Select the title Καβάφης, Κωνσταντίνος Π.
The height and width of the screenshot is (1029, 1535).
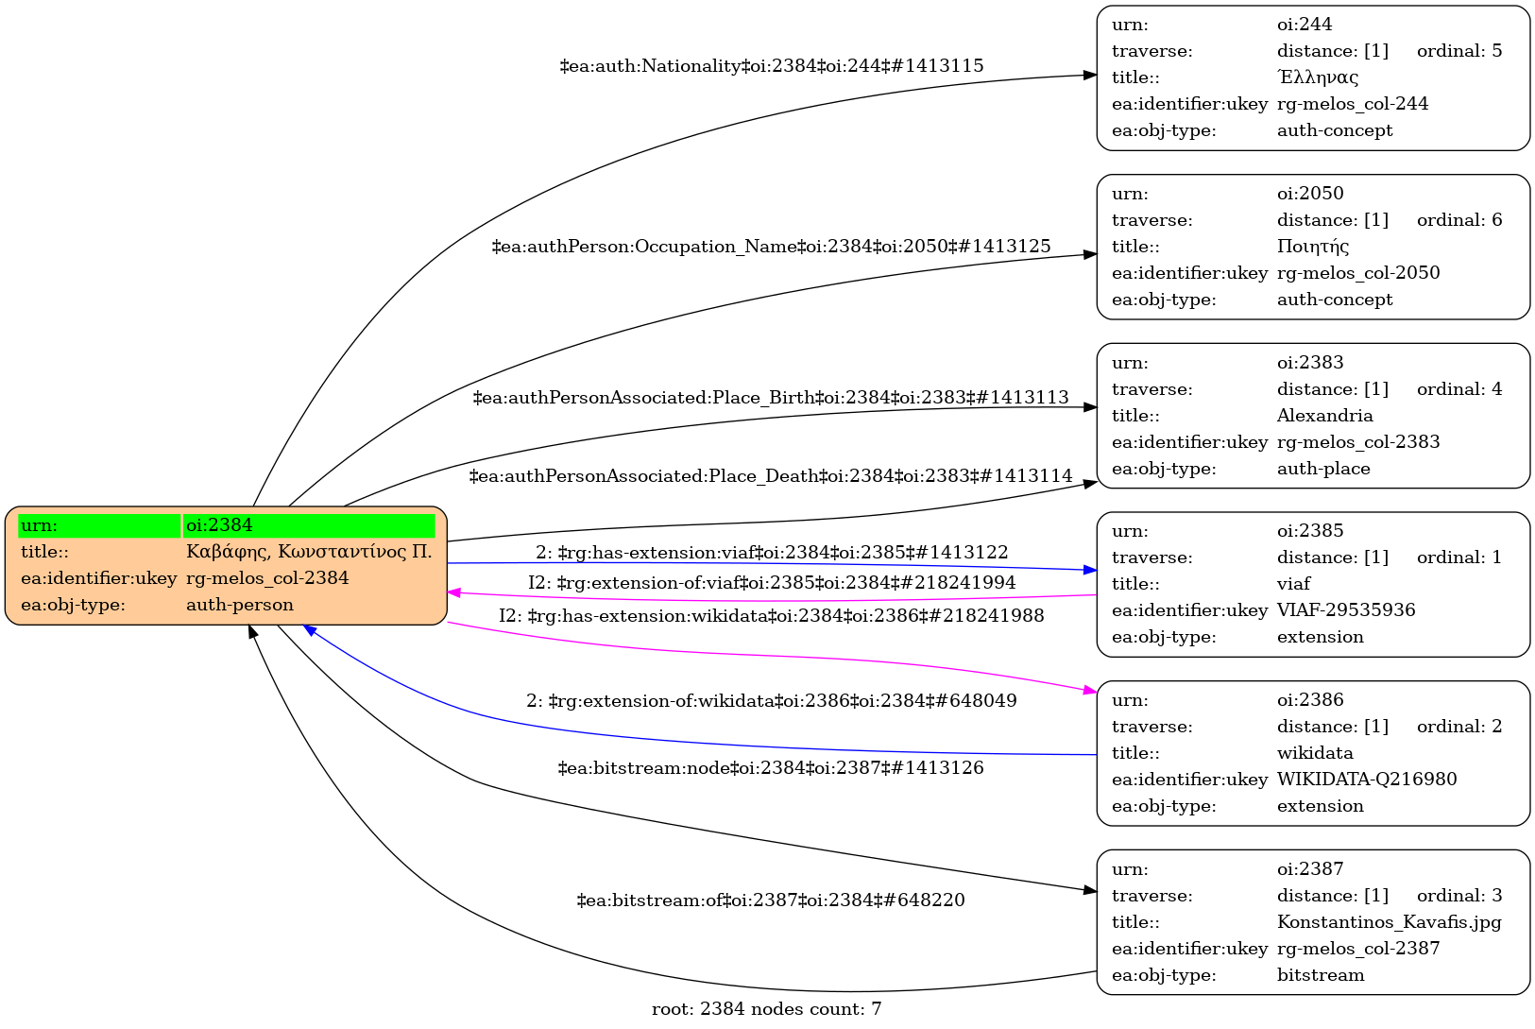tap(309, 552)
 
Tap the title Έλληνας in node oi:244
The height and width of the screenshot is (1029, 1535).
tap(1318, 77)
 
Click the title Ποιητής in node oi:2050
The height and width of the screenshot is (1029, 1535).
tap(1313, 247)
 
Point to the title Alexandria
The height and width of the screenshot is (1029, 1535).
tap(1324, 416)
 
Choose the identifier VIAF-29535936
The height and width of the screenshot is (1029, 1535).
tap(1346, 610)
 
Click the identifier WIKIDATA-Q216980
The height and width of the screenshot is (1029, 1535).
tap(1367, 780)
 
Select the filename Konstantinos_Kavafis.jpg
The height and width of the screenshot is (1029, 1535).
tap(1389, 922)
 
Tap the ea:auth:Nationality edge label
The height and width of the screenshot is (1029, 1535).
tap(772, 66)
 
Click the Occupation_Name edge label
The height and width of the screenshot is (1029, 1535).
tap(772, 247)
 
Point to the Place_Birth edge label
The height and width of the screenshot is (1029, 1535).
tap(771, 398)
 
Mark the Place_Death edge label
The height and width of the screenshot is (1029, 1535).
tap(771, 476)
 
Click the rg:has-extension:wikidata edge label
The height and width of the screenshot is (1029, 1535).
tap(772, 616)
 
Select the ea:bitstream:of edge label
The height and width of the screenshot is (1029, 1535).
tap(771, 900)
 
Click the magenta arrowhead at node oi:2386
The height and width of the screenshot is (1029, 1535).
tap(1090, 692)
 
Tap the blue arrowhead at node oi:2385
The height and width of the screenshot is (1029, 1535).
tap(1090, 570)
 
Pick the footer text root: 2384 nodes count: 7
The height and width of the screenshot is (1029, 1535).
tap(766, 1009)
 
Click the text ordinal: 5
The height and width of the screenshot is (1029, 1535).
tap(1458, 51)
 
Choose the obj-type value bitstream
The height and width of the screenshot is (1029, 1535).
tap(1320, 975)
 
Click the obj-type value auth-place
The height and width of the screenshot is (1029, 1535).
tap(1323, 469)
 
